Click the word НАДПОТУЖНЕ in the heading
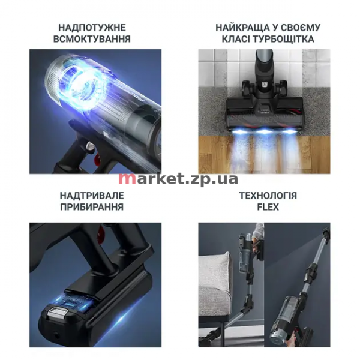pos(92,28)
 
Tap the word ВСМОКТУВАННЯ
pos(92,39)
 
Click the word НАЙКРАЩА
pos(242,28)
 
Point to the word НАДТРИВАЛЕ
pos(92,196)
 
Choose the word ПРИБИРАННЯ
pos(92,207)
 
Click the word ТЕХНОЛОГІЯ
pos(268,196)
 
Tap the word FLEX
pos(268,207)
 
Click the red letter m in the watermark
pos(125,179)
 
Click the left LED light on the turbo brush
pos(239,131)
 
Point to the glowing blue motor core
pos(85,88)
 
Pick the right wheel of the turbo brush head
pos(282,87)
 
